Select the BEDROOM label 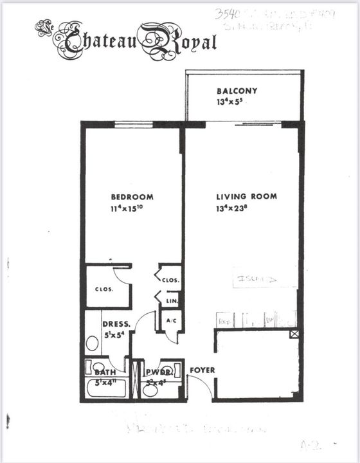coord(132,197)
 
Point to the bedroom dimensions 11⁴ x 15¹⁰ coord(132,208)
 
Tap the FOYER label coord(202,370)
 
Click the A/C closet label coord(172,320)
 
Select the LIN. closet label coord(172,301)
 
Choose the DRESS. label coord(116,325)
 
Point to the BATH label coord(105,372)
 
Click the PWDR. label coord(156,372)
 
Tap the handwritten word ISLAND coord(256,280)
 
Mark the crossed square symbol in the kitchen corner coord(294,334)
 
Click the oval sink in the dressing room coord(93,343)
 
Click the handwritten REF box coord(224,320)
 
